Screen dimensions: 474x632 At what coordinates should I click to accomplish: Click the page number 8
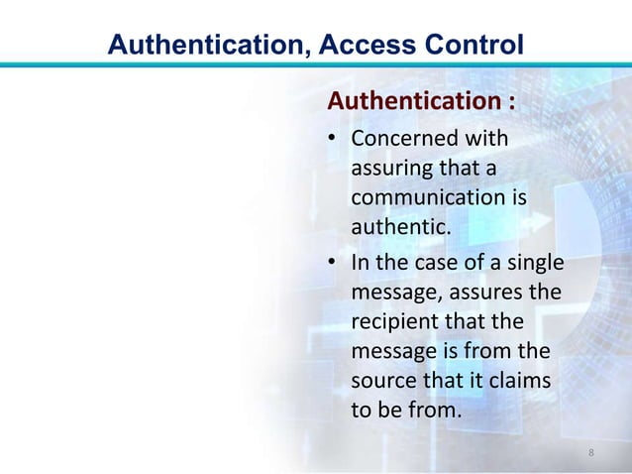(591, 453)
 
